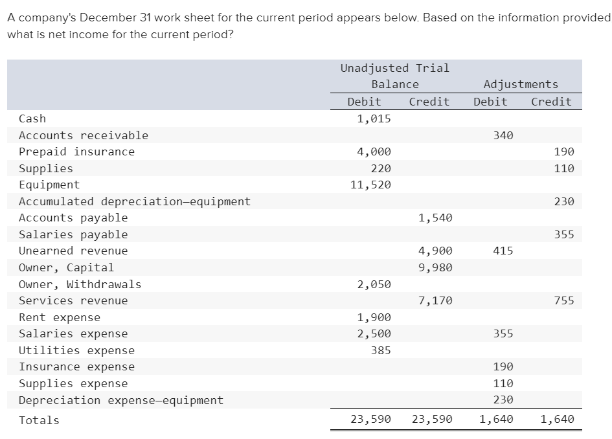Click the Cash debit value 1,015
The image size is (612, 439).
click(x=374, y=118)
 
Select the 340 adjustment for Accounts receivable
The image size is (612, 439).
click(x=503, y=135)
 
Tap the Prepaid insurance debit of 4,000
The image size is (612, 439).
click(x=374, y=152)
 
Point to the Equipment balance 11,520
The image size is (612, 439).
click(x=370, y=185)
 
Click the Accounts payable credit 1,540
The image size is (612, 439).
click(x=435, y=218)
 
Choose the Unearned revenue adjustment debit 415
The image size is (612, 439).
click(x=503, y=251)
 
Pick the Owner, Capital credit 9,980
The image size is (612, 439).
click(x=435, y=267)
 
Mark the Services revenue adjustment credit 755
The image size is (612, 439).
click(x=564, y=300)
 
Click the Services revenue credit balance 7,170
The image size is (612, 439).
click(x=435, y=300)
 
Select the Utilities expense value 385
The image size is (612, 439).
click(x=381, y=350)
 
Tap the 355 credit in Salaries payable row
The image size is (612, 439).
click(x=564, y=234)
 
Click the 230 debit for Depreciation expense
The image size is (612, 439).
click(x=503, y=400)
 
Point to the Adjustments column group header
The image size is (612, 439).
click(x=521, y=84)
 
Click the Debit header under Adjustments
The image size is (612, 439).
click(x=490, y=102)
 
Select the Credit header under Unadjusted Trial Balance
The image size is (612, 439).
click(x=429, y=102)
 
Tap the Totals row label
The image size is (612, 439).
click(x=39, y=420)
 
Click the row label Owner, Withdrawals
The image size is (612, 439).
click(x=80, y=284)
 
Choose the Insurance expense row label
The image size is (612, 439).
click(x=76, y=367)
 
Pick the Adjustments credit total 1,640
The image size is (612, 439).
click(x=557, y=419)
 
